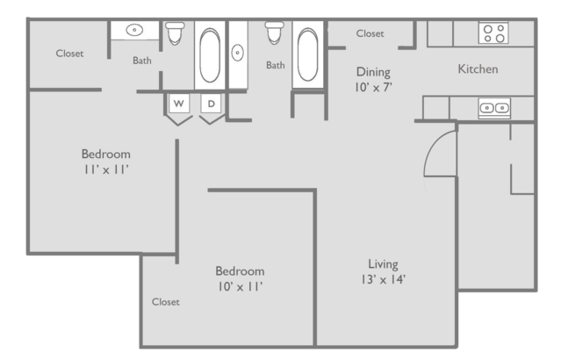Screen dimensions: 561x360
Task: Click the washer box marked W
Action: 178,104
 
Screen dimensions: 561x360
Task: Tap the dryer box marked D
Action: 211,104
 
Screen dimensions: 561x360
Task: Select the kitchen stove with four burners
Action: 493,32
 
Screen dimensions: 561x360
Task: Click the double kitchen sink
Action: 494,108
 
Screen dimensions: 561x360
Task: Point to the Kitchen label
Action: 478,68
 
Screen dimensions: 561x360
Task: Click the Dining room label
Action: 373,72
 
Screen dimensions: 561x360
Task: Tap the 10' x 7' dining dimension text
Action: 373,87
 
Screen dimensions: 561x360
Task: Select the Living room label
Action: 383,264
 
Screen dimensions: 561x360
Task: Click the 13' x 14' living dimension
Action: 383,279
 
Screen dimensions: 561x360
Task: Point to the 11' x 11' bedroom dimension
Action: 106,169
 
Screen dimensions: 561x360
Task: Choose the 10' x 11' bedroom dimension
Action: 241,286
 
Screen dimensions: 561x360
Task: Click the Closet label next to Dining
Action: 370,33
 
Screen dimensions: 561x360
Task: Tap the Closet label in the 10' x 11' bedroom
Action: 166,302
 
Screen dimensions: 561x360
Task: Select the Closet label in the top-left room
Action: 69,54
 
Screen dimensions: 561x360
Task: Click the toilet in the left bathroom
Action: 175,32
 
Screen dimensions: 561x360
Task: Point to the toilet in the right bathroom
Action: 275,32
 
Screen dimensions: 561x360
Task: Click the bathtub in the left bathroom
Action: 210,55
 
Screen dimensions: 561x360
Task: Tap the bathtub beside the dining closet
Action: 307,54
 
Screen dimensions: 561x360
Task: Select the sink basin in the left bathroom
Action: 134,30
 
